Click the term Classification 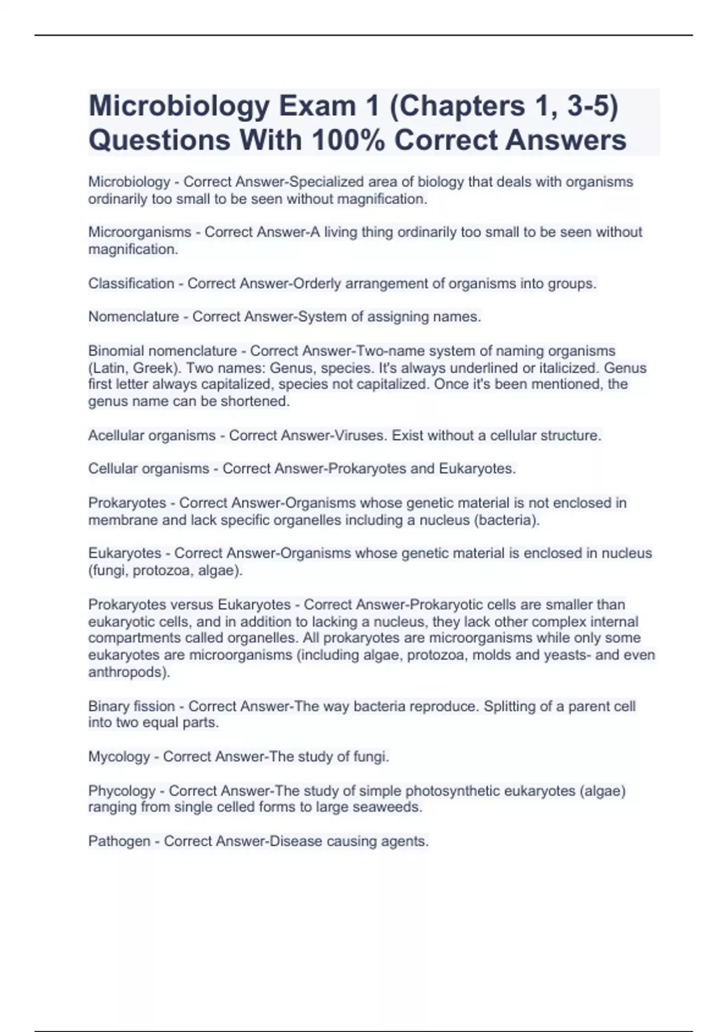pyautogui.click(x=131, y=283)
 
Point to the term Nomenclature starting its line pyautogui.click(x=133, y=317)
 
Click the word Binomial pyautogui.click(x=116, y=351)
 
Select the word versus pyautogui.click(x=192, y=605)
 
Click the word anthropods pyautogui.click(x=127, y=673)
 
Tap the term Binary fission pyautogui.click(x=132, y=707)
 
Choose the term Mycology pyautogui.click(x=119, y=757)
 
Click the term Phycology pyautogui.click(x=122, y=791)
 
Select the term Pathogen pyautogui.click(x=119, y=841)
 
